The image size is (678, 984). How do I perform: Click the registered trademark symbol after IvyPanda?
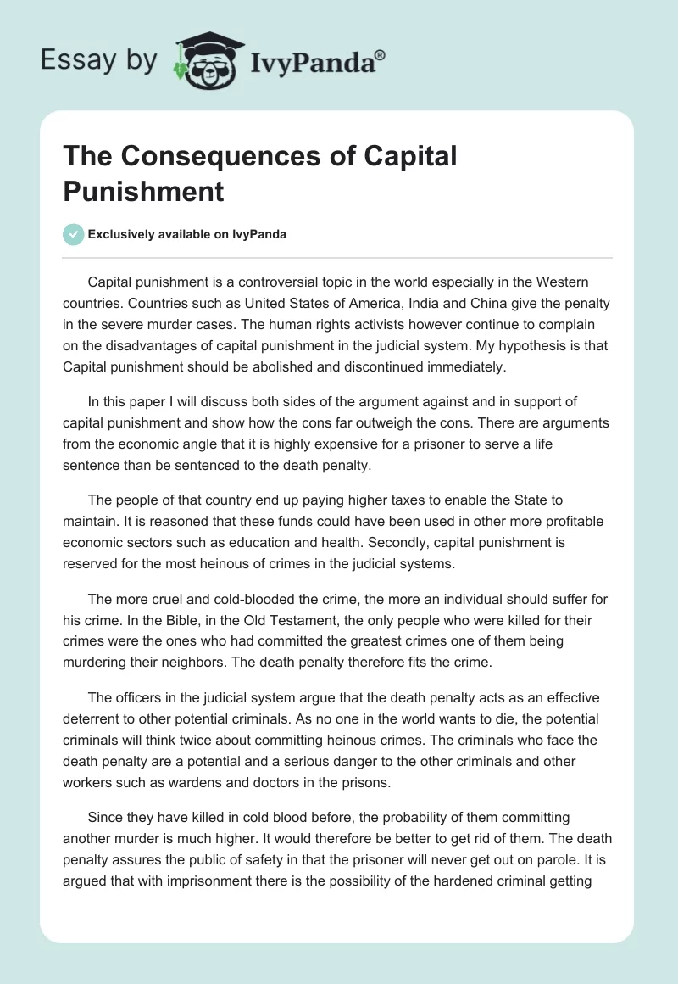coord(381,54)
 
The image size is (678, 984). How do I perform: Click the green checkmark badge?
coord(74,234)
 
